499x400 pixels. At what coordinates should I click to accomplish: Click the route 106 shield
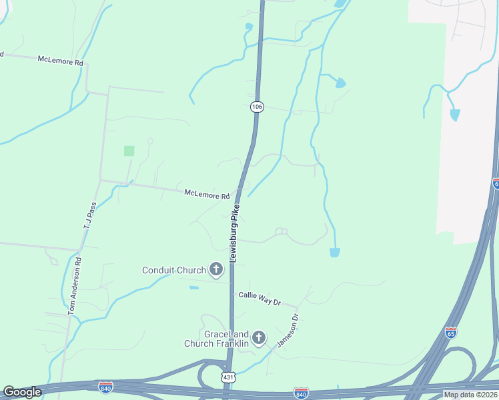coord(256,107)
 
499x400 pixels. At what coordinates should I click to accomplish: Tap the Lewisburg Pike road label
coord(234,233)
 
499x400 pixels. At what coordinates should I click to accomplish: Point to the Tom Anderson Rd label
coord(75,286)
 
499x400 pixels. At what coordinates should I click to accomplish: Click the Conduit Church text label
coord(173,270)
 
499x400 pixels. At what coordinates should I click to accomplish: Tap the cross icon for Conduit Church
coord(215,269)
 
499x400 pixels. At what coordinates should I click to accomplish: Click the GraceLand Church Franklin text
coord(217,339)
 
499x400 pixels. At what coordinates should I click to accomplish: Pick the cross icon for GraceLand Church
coord(259,338)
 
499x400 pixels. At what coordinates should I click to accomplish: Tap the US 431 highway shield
coord(228,378)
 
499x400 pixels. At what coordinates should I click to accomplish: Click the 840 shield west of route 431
coord(105,387)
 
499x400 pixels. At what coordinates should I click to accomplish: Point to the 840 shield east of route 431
coord(301,393)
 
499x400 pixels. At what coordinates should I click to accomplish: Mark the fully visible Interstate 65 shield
coord(451,333)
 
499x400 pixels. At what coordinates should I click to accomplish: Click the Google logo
coord(22,392)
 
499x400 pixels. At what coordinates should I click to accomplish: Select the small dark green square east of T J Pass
coord(129,151)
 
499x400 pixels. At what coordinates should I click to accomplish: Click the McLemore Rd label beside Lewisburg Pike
coord(207,195)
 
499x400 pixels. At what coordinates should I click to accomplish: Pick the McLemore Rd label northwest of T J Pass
coord(60,61)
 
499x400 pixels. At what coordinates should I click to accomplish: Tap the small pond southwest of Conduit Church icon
coord(193,287)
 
